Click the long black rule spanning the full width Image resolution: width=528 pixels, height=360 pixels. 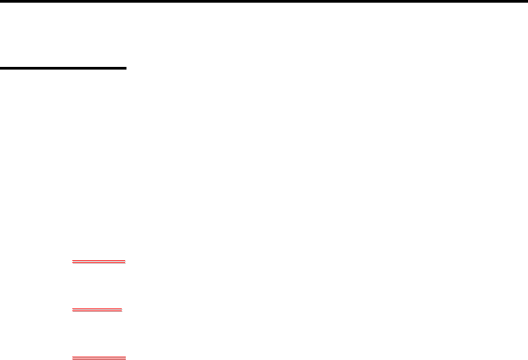(x=264, y=1)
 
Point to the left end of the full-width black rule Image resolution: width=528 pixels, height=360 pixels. (x=1, y=1)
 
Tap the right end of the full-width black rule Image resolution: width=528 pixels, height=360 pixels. (x=527, y=1)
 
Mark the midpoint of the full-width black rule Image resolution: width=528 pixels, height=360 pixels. (x=264, y=1)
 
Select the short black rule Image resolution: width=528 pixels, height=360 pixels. (x=63, y=68)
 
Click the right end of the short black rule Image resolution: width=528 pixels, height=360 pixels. (x=126, y=68)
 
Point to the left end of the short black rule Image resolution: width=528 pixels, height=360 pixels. (x=1, y=68)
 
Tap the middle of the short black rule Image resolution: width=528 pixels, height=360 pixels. (x=63, y=68)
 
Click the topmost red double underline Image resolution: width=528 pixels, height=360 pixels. (x=99, y=262)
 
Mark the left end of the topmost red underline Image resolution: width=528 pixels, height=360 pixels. (x=72, y=262)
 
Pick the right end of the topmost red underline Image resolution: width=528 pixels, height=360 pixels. (x=126, y=262)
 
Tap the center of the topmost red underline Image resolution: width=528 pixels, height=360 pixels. (x=99, y=262)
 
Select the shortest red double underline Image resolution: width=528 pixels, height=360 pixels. (x=97, y=310)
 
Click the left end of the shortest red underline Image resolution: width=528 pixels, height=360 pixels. (x=72, y=310)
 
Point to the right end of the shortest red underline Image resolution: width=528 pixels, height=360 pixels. (x=122, y=310)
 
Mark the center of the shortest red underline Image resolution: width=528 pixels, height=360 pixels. (x=97, y=310)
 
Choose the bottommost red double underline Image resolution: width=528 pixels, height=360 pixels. (x=99, y=358)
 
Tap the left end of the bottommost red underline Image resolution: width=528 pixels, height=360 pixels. (x=72, y=358)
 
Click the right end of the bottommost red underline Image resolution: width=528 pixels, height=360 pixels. (x=126, y=358)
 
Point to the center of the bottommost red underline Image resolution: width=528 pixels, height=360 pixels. (x=99, y=358)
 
